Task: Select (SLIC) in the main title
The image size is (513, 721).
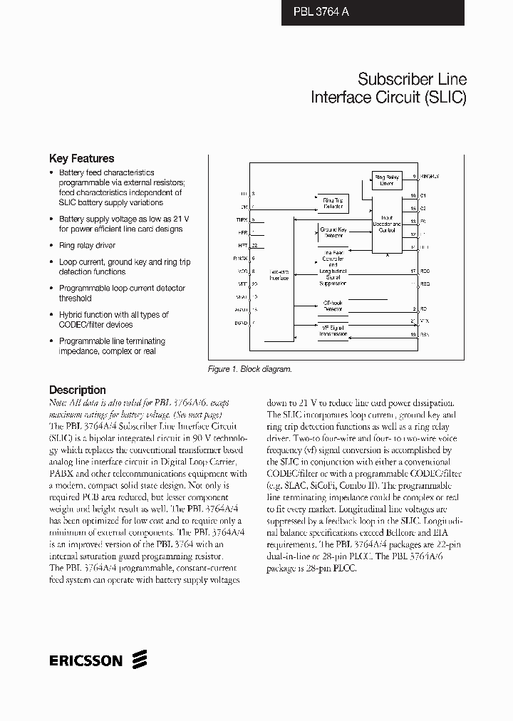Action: click(445, 98)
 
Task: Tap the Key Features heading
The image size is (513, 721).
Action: click(81, 159)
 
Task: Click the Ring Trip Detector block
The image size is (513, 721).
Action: click(333, 203)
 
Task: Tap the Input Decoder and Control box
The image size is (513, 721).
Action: click(387, 224)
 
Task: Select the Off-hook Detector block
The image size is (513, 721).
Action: click(333, 306)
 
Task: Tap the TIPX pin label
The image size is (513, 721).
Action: click(242, 219)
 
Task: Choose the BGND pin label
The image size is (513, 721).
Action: click(242, 323)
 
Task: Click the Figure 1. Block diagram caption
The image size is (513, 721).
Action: click(249, 369)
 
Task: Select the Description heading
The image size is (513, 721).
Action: click(77, 390)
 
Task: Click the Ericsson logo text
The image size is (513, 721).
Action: click(86, 660)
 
